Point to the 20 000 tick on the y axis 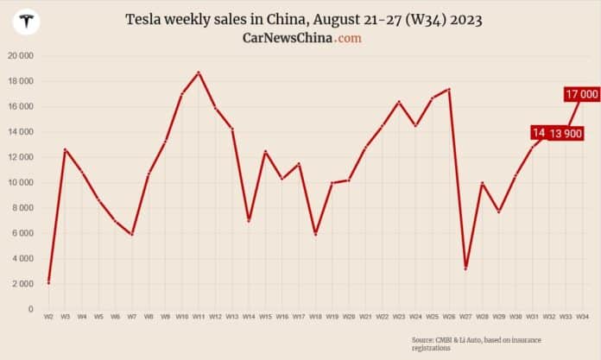[20, 56]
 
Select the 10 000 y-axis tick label [20, 183]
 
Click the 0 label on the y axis [31, 309]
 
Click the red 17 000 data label [581, 93]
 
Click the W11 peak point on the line [199, 73]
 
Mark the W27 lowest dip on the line [465, 268]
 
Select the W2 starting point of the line [48, 281]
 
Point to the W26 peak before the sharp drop [449, 89]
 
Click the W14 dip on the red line [249, 221]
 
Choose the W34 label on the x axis [583, 318]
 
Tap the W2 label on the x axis [48, 318]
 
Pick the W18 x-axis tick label [315, 318]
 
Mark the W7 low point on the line [132, 234]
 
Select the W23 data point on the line [399, 102]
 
